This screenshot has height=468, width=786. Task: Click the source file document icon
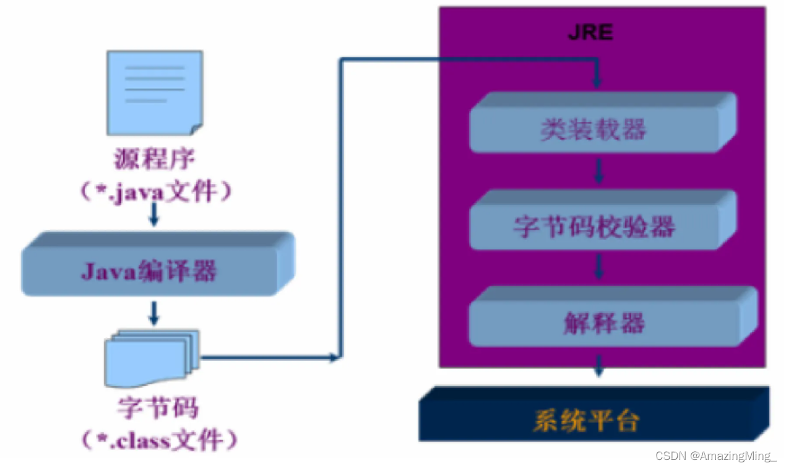pos(155,92)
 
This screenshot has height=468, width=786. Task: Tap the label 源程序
pos(155,159)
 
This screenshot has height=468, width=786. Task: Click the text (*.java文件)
pos(156,193)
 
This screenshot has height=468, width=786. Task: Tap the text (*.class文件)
pos(159,441)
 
